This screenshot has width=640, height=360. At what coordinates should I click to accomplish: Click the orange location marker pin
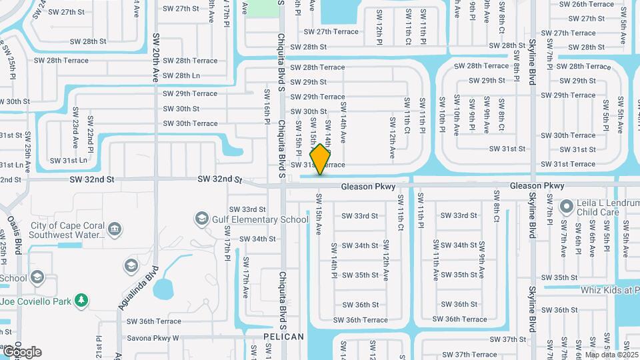click(x=321, y=159)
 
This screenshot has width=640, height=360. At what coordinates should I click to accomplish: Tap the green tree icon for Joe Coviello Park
click(x=81, y=301)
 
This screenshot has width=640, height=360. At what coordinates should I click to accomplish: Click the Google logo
click(x=21, y=351)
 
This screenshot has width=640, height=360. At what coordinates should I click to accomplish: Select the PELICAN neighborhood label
click(x=283, y=337)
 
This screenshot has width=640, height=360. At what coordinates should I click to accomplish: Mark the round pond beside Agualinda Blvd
click(x=163, y=289)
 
